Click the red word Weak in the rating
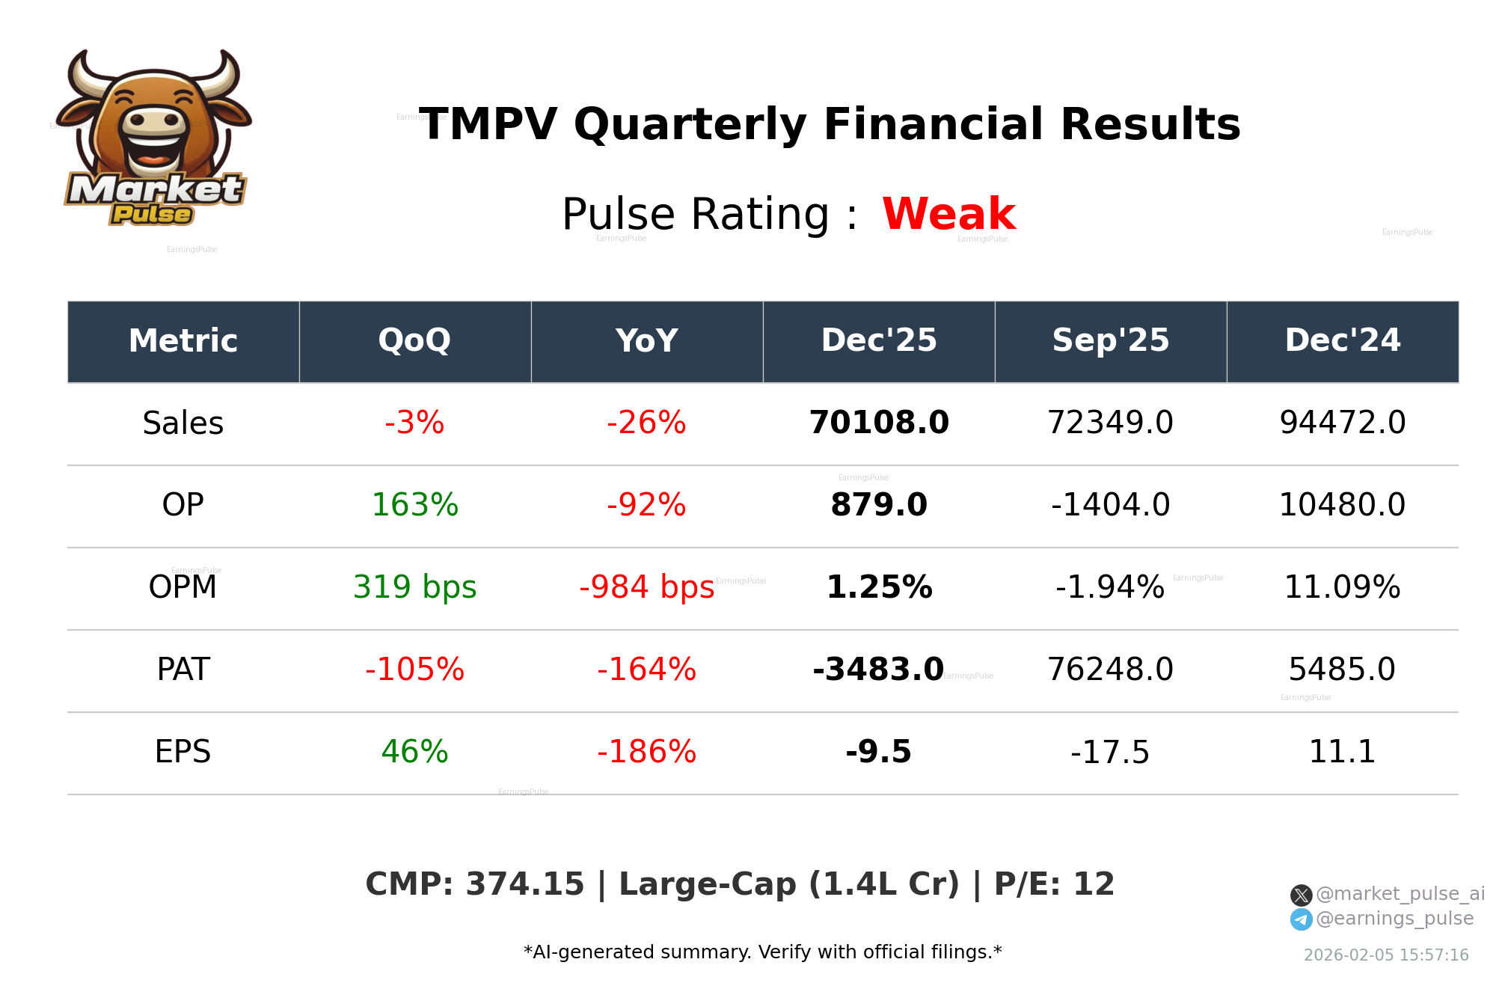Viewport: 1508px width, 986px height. [x=948, y=214]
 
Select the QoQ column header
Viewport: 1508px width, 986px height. [x=414, y=341]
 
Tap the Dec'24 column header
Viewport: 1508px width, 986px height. [x=1342, y=341]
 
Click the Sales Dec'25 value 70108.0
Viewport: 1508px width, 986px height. [x=878, y=423]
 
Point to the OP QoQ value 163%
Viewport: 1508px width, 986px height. [x=414, y=505]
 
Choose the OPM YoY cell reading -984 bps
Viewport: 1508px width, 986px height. [x=646, y=587]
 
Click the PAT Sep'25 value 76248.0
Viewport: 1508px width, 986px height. [x=1110, y=670]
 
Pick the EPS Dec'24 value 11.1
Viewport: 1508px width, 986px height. [x=1342, y=752]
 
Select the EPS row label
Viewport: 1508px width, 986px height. [x=183, y=752]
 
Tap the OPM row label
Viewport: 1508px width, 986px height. [x=183, y=587]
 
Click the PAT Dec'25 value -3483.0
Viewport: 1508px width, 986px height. [x=878, y=670]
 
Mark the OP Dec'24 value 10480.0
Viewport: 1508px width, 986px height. [x=1342, y=505]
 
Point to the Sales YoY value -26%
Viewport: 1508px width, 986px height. [x=646, y=423]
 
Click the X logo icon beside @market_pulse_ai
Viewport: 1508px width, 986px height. [x=1301, y=895]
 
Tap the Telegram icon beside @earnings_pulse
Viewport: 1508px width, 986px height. [x=1301, y=919]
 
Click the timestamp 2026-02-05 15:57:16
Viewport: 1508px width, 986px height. [x=1385, y=955]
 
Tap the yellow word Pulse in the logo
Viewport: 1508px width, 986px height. [x=152, y=215]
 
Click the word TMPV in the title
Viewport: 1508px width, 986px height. [x=488, y=124]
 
